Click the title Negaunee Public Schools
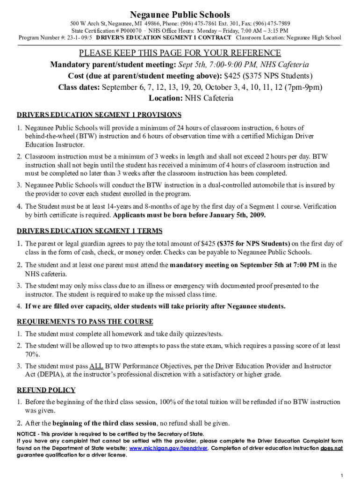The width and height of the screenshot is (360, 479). [x=180, y=15]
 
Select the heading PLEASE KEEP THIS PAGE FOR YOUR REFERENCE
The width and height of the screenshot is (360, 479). [x=180, y=53]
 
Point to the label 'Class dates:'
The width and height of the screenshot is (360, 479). [x=79, y=87]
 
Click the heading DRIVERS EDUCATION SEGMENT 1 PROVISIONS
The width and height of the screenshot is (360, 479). [x=99, y=115]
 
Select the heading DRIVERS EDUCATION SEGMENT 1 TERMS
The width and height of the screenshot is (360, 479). [x=90, y=231]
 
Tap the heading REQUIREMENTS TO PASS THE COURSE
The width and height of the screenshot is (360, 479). [x=85, y=321]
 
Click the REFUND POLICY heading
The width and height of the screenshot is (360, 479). [x=46, y=390]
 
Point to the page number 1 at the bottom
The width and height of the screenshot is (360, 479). [x=342, y=475]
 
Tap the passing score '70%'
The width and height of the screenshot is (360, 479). [x=32, y=355]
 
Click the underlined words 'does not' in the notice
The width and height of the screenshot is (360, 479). [x=331, y=448]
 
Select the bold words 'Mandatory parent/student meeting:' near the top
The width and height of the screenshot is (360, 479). [x=113, y=65]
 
